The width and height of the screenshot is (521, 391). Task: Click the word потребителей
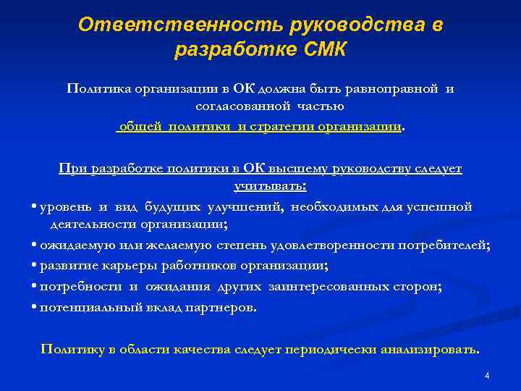point(444,245)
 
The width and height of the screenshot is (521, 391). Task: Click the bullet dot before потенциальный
point(35,307)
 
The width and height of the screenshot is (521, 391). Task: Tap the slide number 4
point(487,376)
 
